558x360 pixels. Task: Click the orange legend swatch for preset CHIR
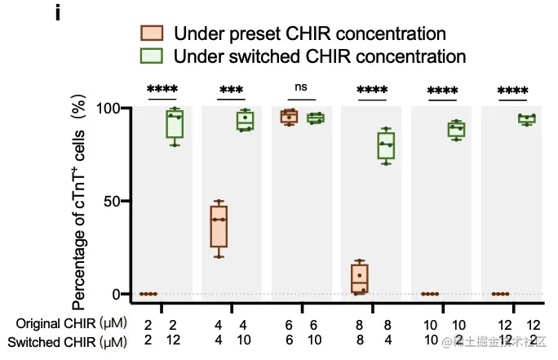(150, 33)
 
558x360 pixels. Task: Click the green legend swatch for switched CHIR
(150, 56)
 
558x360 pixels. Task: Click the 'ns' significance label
(302, 87)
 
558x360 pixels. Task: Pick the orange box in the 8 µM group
(360, 278)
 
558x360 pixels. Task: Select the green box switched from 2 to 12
(174, 122)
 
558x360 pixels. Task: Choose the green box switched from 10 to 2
(457, 131)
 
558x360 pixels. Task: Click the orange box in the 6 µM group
(289, 117)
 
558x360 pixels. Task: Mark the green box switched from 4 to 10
(245, 121)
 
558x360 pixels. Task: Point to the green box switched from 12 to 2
(527, 119)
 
